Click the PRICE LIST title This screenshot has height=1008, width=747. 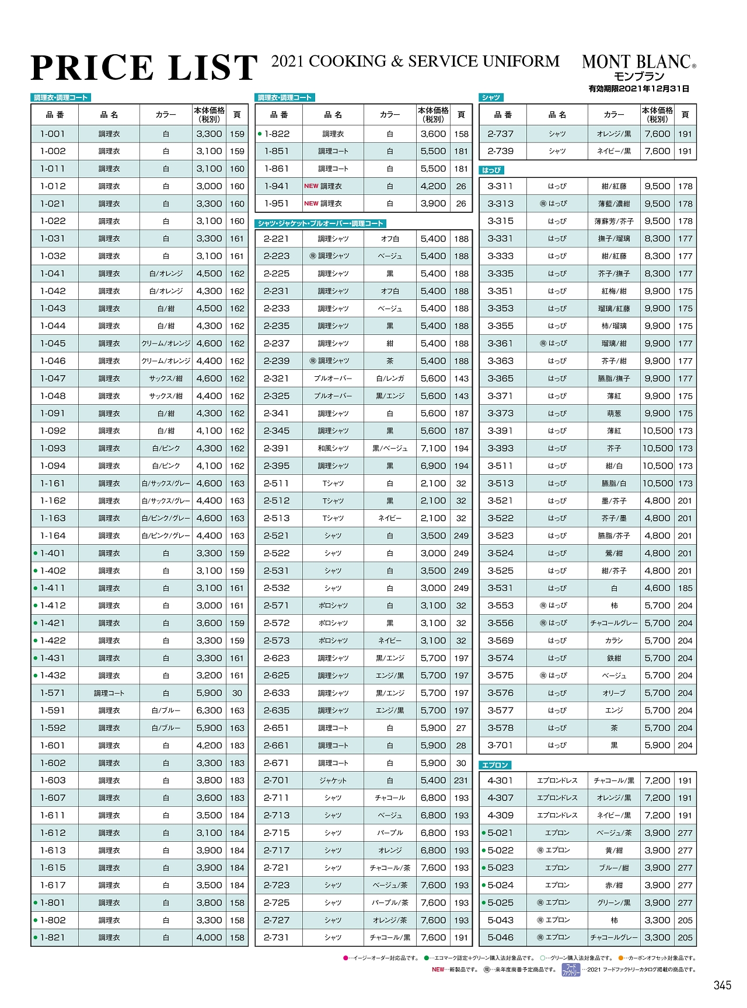coord(144,68)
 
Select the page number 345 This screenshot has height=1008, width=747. coord(722,985)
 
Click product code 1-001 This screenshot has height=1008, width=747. coord(53,134)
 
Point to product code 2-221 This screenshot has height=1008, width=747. coord(277,239)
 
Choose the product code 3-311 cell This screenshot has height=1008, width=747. coord(500,186)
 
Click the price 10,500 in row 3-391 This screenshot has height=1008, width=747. coord(657,431)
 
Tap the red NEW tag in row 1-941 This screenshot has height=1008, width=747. coord(311,186)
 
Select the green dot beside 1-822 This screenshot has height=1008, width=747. coord(260,134)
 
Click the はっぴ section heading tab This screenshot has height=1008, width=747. coord(491,170)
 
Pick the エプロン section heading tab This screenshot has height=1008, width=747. coord(495,765)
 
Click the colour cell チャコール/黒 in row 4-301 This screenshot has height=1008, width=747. coord(613,780)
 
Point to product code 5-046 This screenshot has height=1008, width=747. coord(500,937)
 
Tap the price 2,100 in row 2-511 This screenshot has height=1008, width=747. coord(433,484)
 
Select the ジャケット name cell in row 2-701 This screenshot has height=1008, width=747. coord(333,780)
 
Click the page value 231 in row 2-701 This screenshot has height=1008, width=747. coord(461,780)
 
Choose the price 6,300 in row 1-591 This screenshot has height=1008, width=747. coord(209,710)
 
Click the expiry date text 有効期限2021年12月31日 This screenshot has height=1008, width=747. coord(638,89)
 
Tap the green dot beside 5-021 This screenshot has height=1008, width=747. coord(484,833)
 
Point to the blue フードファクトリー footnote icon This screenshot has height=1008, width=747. coord(570,970)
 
